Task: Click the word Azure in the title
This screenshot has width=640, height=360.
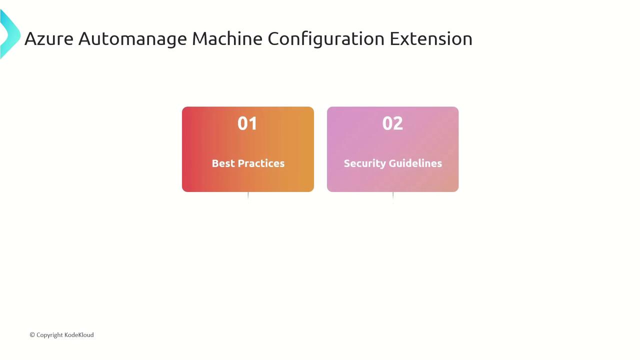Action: (49, 38)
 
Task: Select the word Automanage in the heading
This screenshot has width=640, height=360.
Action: (132, 39)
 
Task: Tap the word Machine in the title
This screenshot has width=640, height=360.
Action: (227, 38)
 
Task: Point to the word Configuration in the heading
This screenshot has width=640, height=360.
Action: (326, 39)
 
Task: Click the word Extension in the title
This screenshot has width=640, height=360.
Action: (431, 38)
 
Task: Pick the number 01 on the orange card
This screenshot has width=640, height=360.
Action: (247, 123)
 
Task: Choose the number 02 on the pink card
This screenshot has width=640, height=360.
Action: (392, 123)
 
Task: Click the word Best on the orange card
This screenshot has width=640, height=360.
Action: (223, 163)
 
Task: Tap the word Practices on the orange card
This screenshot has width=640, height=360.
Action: (261, 163)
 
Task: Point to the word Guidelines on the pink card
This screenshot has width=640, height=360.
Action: (415, 163)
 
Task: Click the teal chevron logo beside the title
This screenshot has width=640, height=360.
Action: (10, 34)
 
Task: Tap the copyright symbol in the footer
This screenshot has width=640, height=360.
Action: (32, 334)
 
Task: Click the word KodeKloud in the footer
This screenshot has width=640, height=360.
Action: (79, 335)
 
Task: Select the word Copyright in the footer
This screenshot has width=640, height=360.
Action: (49, 335)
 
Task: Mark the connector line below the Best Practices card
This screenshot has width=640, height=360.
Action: (248, 197)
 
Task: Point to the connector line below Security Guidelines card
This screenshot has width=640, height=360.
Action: (393, 197)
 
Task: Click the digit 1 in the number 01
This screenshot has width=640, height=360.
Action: (253, 123)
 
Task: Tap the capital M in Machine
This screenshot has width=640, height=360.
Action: (199, 38)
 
